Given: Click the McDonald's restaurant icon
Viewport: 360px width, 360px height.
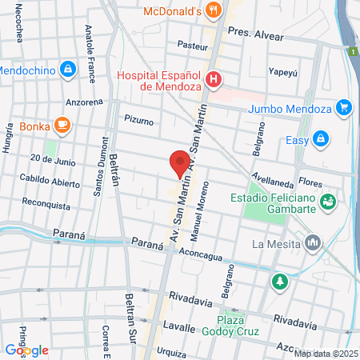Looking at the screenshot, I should (x=213, y=11).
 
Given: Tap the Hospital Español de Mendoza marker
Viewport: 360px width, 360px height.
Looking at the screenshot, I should (x=214, y=79).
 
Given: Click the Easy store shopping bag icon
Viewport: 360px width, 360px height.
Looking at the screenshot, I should (x=321, y=138).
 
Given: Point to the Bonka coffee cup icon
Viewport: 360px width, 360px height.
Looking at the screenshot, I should (x=62, y=125).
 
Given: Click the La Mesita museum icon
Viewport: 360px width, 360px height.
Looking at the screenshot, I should (x=312, y=241).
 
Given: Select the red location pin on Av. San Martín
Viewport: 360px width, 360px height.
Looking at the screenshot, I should (x=180, y=163).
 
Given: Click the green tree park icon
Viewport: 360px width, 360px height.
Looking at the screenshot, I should (x=279, y=281).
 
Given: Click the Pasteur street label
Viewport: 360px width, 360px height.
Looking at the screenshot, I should (x=193, y=45).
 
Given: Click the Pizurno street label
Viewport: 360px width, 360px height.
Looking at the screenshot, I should (x=138, y=120).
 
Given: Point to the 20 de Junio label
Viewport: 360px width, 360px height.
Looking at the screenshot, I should (x=51, y=159).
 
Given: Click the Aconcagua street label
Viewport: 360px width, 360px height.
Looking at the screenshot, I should (x=199, y=251).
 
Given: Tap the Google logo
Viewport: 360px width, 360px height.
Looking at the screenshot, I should (x=27, y=350).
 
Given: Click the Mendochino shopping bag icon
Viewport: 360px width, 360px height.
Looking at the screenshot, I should (x=68, y=70).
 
